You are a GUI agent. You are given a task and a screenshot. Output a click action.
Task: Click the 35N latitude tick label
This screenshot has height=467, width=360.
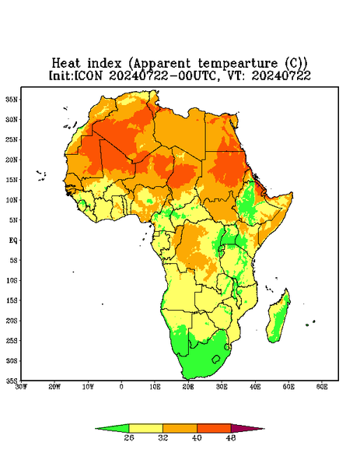[x=12, y=100]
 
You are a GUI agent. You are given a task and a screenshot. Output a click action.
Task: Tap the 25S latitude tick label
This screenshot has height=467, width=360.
[x=12, y=340]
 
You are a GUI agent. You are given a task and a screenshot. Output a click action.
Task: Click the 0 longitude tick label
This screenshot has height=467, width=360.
[x=121, y=387]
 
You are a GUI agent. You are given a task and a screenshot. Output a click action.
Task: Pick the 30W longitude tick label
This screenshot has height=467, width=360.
[x=21, y=387]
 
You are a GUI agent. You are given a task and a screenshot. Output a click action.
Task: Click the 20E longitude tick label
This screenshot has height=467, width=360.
[x=188, y=387]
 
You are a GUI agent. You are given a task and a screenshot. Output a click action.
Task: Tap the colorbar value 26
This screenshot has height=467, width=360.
[x=129, y=437]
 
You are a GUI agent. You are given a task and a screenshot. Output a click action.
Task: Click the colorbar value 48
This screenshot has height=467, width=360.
[x=231, y=437]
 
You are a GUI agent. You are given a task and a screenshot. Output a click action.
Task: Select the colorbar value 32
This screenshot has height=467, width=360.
[x=163, y=437]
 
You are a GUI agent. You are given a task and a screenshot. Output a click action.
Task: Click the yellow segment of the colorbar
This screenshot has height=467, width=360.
[x=145, y=428]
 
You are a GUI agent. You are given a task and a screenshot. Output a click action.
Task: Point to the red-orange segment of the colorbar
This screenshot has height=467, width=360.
[x=214, y=428]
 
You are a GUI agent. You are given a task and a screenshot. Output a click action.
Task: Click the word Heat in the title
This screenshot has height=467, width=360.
[x=66, y=64]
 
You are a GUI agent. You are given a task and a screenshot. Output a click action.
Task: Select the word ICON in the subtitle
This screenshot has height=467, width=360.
[x=88, y=75]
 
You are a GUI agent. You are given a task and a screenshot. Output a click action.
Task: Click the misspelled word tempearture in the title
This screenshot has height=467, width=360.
[x=237, y=64]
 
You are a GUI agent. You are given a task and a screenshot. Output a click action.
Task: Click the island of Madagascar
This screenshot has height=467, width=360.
[x=279, y=318]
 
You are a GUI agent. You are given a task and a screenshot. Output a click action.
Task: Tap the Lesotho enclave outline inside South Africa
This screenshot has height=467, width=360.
[x=216, y=359]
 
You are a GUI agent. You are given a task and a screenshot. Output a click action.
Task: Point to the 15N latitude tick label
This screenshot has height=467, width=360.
[x=12, y=180]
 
